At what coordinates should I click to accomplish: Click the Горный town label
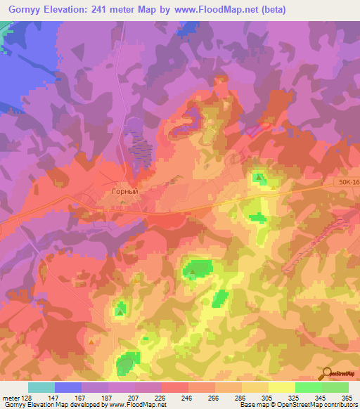125,190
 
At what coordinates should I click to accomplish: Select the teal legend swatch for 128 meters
41,387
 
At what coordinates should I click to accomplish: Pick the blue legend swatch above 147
68,387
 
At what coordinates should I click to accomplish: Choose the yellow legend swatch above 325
282,387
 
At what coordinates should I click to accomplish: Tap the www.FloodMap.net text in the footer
142,405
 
